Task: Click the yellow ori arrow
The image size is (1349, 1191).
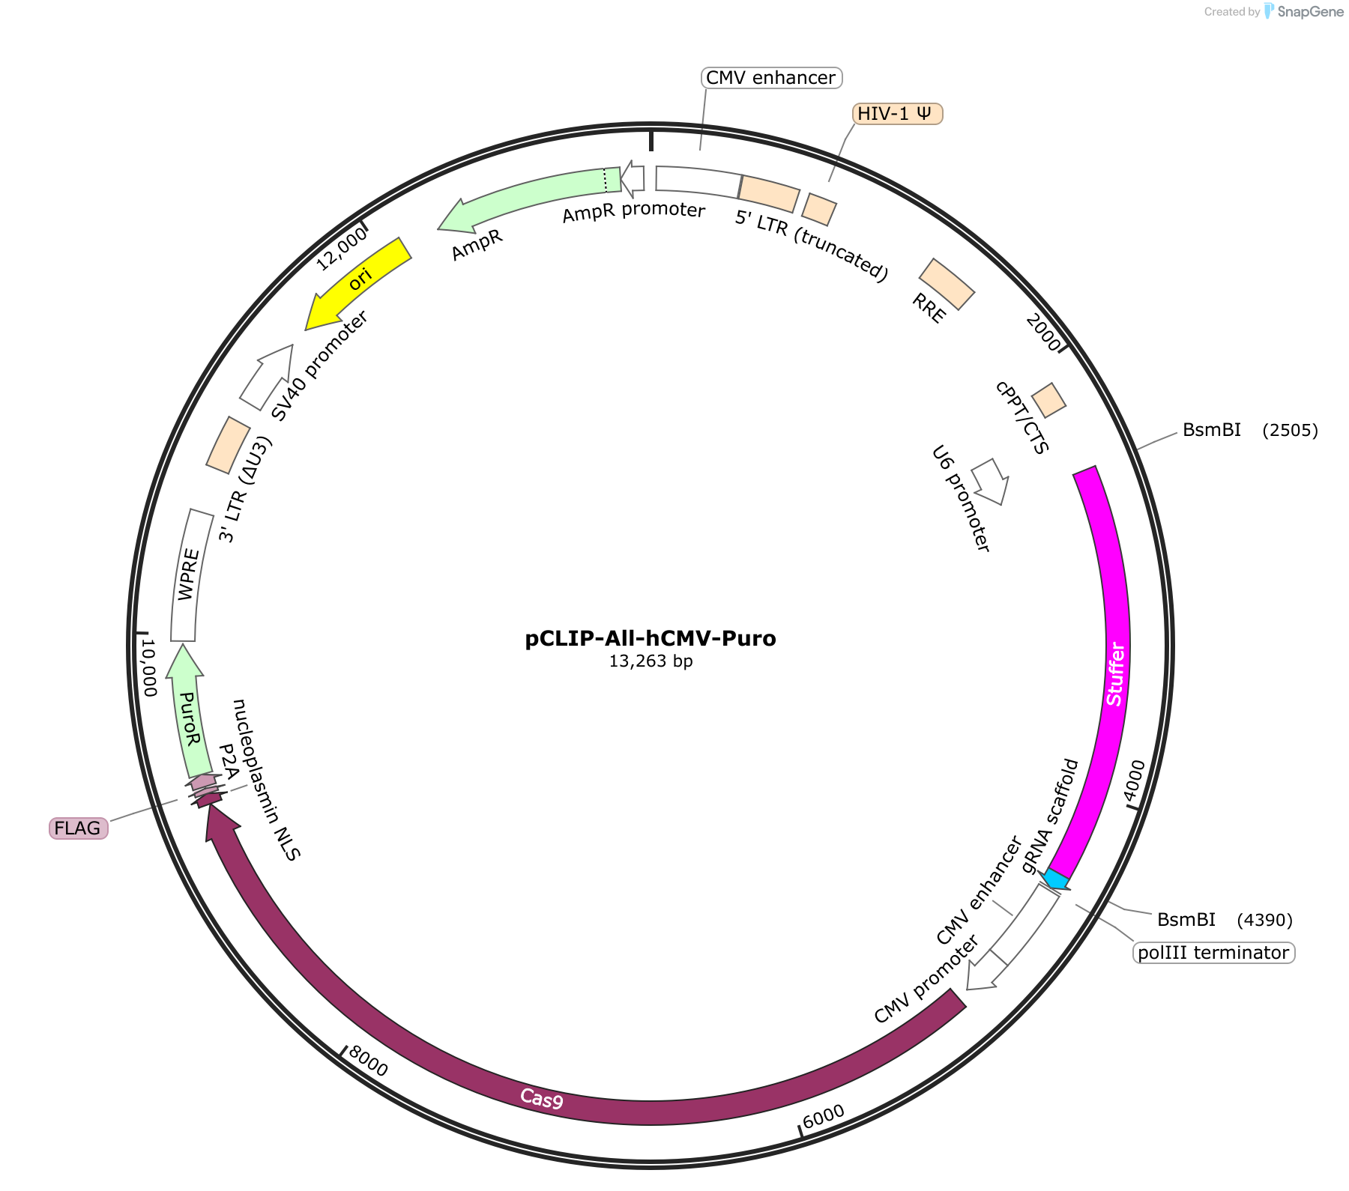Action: tap(359, 282)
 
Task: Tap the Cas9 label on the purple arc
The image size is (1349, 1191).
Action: tap(542, 1098)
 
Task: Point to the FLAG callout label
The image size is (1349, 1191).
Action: tap(78, 828)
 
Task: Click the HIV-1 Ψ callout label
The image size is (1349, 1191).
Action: tap(897, 114)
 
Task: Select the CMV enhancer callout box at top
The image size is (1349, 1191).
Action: tap(771, 78)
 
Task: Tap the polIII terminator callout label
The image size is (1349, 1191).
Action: tap(1213, 953)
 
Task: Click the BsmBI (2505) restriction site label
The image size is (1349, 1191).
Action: tap(1250, 430)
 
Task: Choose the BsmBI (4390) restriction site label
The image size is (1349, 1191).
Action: tap(1225, 920)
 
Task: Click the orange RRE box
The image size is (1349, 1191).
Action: tap(947, 284)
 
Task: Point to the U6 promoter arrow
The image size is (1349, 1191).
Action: tap(990, 480)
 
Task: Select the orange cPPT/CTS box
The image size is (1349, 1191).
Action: tap(1048, 400)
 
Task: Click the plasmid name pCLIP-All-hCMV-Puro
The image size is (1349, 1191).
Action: tap(651, 639)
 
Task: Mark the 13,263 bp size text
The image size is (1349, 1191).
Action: tap(651, 661)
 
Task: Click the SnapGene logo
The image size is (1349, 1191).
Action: tap(1303, 11)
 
